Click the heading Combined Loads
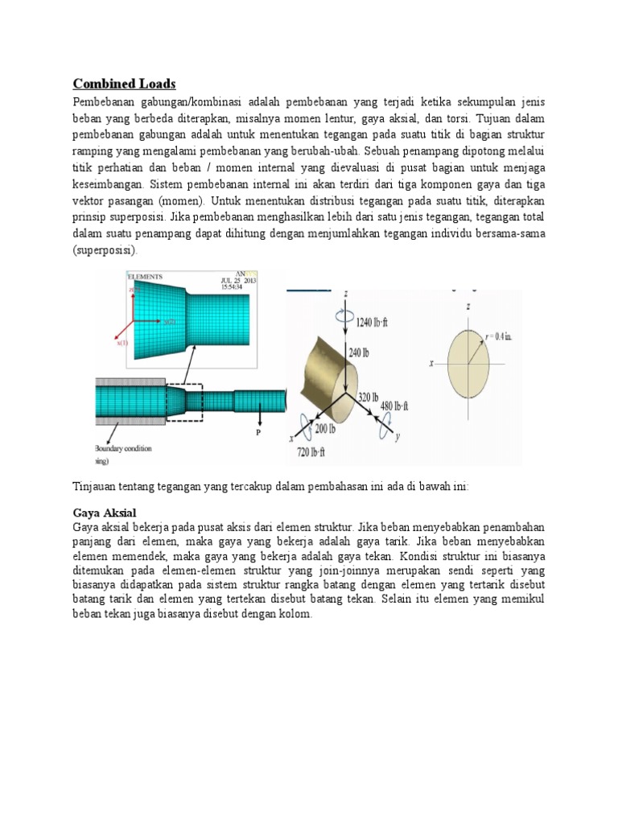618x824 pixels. tap(124, 84)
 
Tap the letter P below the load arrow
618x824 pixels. tap(259, 432)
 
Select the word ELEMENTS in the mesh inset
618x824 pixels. tap(144, 275)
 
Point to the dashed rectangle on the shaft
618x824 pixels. tap(184, 400)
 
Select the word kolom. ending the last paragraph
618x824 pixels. tap(292, 613)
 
